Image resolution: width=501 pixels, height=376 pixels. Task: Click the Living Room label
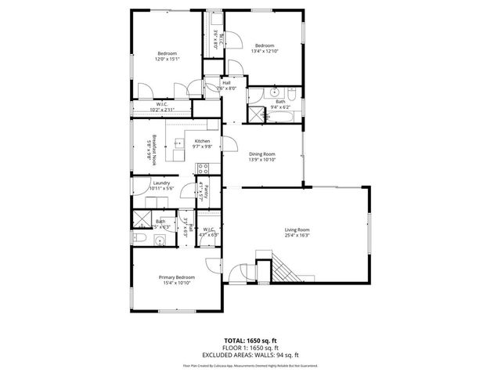pos(297,230)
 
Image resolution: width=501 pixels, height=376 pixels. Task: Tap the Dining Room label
pos(262,154)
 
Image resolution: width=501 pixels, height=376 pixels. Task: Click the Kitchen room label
pos(203,141)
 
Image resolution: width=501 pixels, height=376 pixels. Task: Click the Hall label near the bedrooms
pos(226,82)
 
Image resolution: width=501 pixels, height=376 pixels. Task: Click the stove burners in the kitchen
pos(203,168)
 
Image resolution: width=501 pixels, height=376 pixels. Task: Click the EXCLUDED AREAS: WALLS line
pos(250,354)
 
